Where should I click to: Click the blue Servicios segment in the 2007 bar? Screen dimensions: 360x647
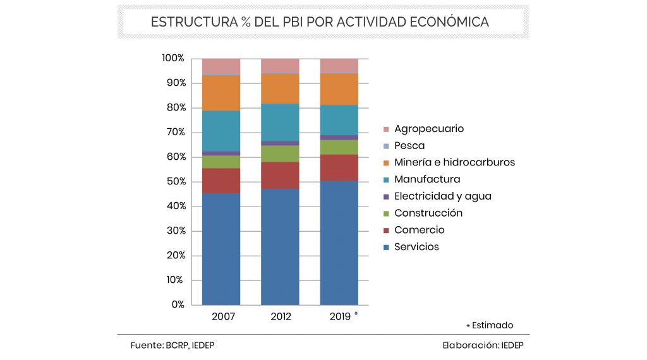tap(221, 249)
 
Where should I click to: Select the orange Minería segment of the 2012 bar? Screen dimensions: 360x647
tap(280, 88)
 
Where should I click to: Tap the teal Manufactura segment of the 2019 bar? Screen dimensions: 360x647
tap(339, 120)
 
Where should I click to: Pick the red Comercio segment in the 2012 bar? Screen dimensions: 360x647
tap(280, 176)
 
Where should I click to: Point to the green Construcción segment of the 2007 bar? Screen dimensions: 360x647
tap(221, 162)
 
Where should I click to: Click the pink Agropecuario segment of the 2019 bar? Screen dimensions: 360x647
tap(339, 66)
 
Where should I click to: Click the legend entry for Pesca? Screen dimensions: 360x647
tap(409, 146)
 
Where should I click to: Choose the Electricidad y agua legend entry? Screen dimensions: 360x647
tap(442, 196)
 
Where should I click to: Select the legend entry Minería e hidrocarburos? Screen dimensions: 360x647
tap(454, 162)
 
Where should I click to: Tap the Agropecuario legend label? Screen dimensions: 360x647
tap(428, 129)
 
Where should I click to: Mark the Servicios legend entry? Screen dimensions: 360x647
tap(416, 247)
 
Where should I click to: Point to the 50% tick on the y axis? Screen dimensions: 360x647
tap(173, 182)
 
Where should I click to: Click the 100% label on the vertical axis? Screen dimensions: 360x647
tap(172, 59)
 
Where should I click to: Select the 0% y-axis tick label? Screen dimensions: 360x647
tap(177, 304)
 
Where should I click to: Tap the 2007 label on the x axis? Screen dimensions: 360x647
tap(221, 316)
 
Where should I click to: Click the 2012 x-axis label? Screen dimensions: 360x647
tap(280, 316)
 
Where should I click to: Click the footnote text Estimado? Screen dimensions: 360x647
tap(493, 325)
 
